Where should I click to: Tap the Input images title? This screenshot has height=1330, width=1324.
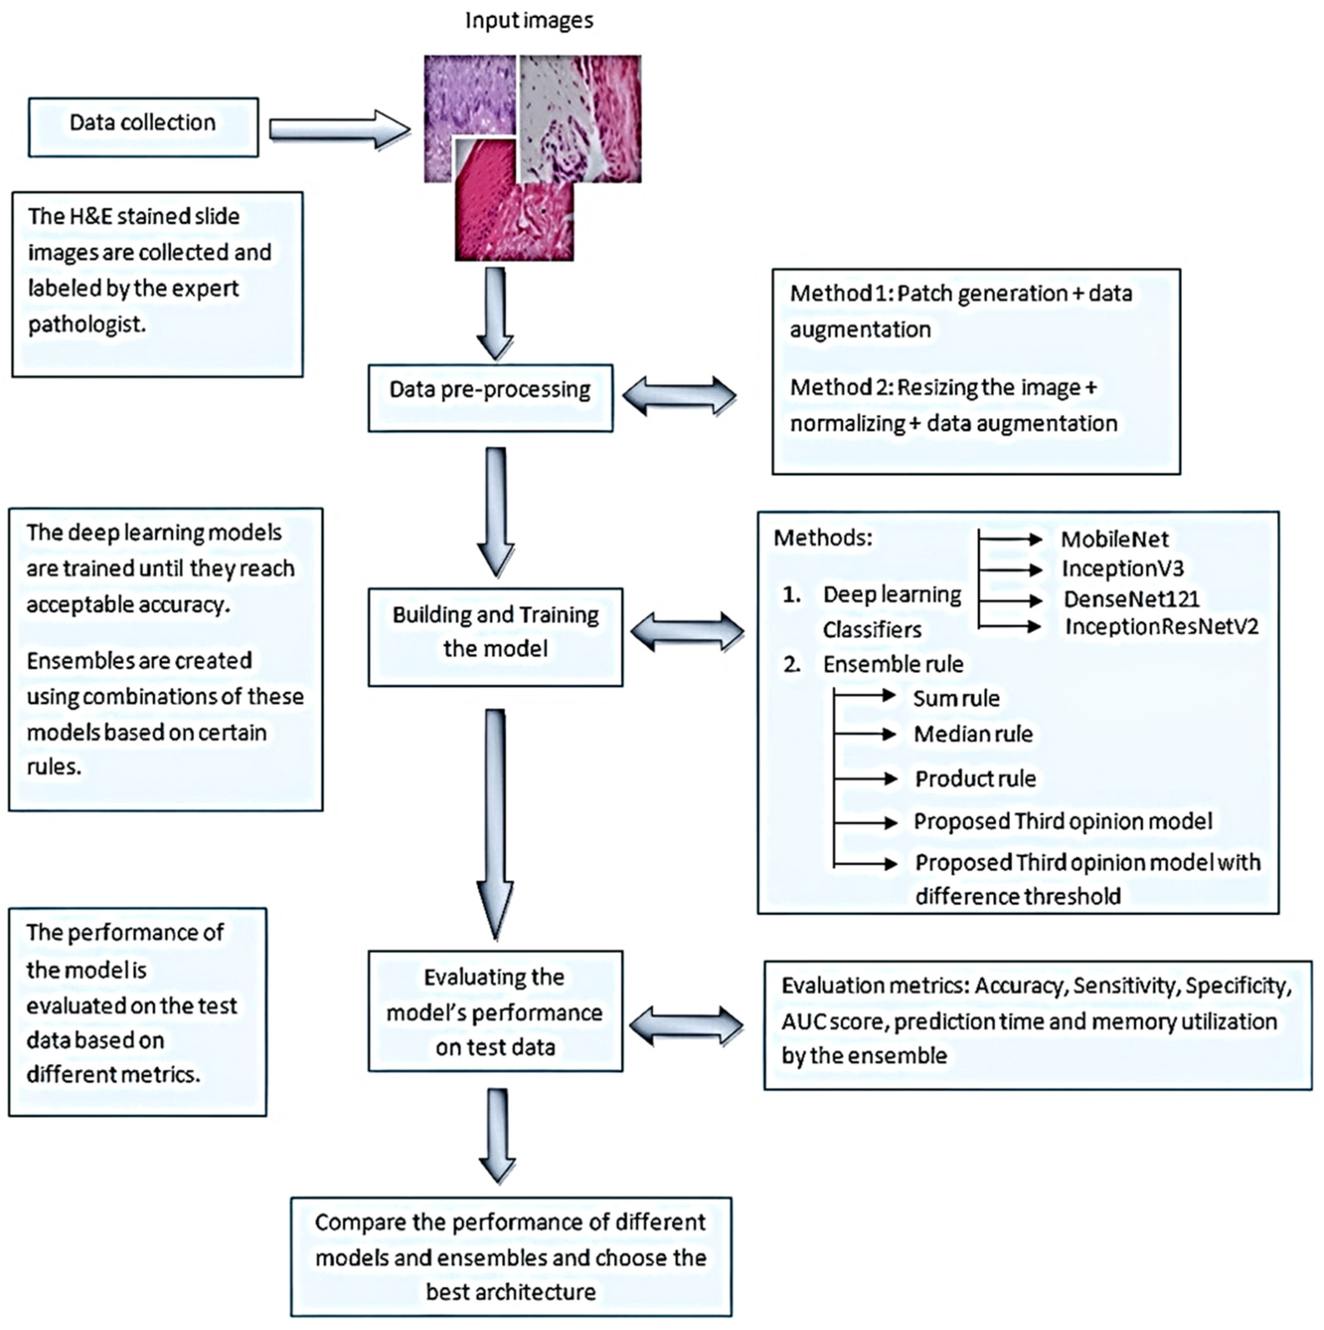(x=529, y=20)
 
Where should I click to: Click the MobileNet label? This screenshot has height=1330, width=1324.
(x=1114, y=539)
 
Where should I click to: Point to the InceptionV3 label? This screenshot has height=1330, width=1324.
(x=1122, y=569)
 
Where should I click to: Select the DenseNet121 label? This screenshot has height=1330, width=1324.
(x=1131, y=599)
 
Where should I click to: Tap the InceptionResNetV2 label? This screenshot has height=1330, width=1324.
(x=1162, y=627)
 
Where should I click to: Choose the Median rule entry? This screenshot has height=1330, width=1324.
(x=973, y=734)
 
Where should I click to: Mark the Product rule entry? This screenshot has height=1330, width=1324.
(x=975, y=779)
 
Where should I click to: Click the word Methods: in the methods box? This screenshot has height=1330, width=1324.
(x=823, y=538)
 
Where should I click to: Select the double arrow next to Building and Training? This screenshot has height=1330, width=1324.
(x=687, y=632)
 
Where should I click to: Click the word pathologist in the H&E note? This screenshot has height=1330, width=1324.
(x=87, y=324)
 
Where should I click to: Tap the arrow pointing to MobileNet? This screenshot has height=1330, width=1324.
(x=1010, y=539)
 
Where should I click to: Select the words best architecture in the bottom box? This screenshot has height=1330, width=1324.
(x=511, y=1292)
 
